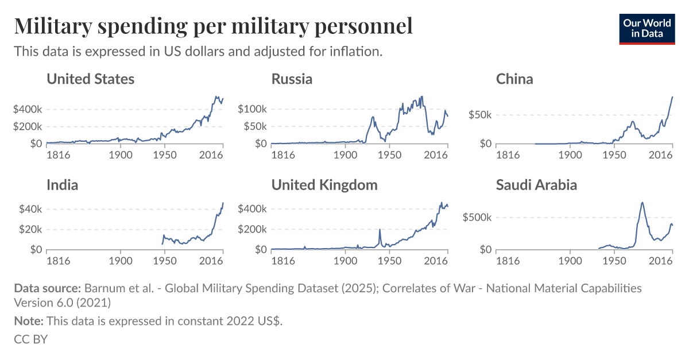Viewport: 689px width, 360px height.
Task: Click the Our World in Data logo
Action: pos(647,28)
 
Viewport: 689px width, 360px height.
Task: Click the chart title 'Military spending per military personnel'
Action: pos(213,26)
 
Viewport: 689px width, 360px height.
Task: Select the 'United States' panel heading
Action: pos(90,79)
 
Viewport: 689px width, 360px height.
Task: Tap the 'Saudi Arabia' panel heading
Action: pos(536,185)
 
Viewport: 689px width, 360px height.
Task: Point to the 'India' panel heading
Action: pos(62,185)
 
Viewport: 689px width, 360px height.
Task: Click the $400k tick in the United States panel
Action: pos(28,109)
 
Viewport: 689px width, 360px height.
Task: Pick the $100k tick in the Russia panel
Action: pos(252,109)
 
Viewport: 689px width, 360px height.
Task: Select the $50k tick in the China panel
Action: pos(479,115)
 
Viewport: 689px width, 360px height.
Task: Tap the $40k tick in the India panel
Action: pos(30,209)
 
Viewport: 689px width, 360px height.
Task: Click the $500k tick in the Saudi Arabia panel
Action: pos(477,218)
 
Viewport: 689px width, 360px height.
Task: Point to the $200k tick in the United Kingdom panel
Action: pos(252,229)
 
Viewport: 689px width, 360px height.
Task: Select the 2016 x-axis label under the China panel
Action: pos(661,154)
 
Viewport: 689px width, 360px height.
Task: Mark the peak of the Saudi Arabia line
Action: pos(642,202)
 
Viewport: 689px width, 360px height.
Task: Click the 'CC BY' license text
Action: pos(30,339)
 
